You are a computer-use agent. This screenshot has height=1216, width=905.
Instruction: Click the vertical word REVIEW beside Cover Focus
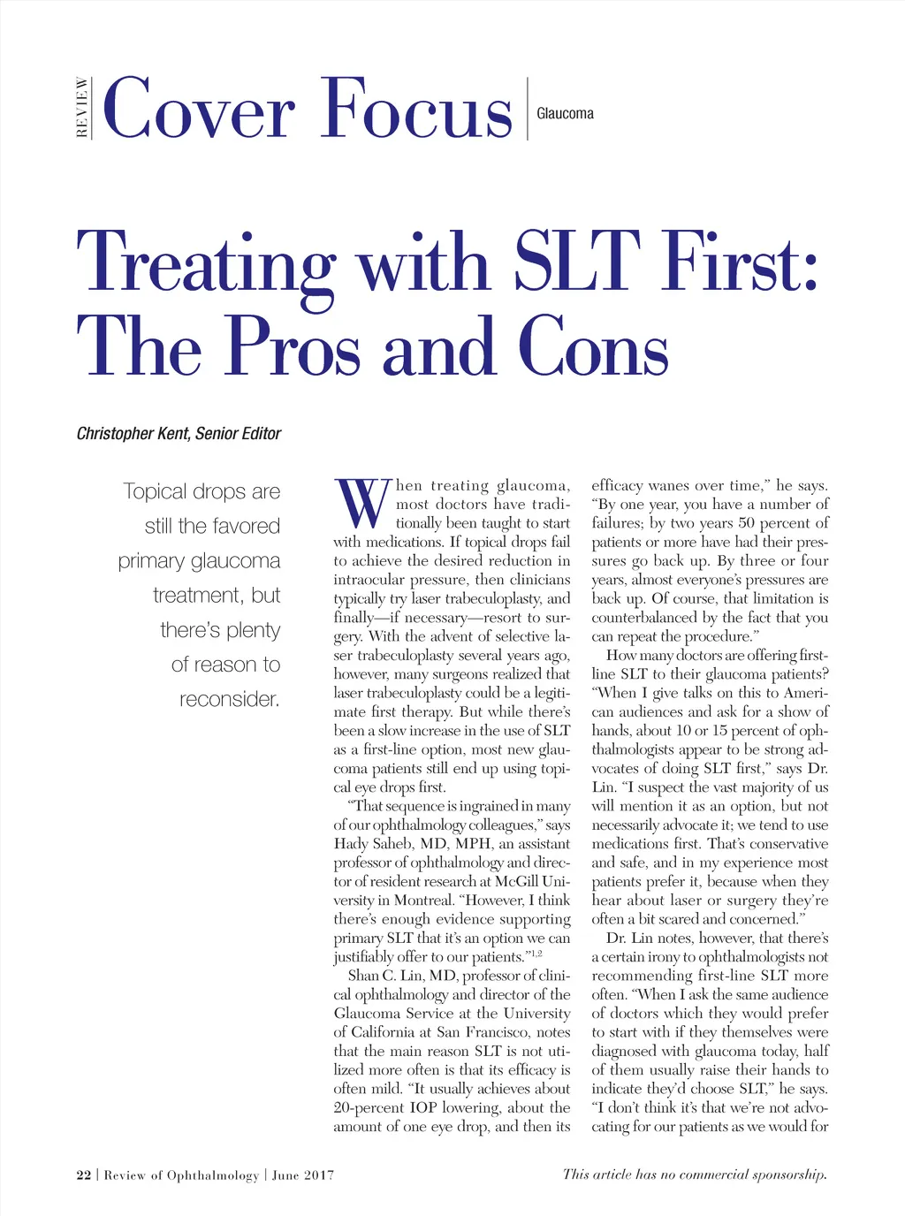click(x=82, y=108)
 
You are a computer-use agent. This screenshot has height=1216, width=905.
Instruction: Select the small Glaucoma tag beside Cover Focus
click(x=565, y=114)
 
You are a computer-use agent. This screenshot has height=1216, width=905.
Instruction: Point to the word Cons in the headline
click(x=593, y=347)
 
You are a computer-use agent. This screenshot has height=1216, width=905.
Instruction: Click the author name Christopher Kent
click(x=133, y=434)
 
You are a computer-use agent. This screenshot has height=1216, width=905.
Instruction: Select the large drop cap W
click(x=362, y=503)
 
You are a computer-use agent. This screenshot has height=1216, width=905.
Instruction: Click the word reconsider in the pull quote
click(x=229, y=699)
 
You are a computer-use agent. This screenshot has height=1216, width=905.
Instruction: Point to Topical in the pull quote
click(x=155, y=491)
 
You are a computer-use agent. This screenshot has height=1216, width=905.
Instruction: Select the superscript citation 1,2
click(x=535, y=954)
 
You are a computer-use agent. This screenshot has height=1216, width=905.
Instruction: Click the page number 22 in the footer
click(x=84, y=1175)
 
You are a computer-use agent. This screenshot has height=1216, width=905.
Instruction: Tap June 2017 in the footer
click(x=303, y=1175)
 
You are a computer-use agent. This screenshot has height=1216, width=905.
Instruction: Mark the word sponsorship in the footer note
click(x=789, y=1175)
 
